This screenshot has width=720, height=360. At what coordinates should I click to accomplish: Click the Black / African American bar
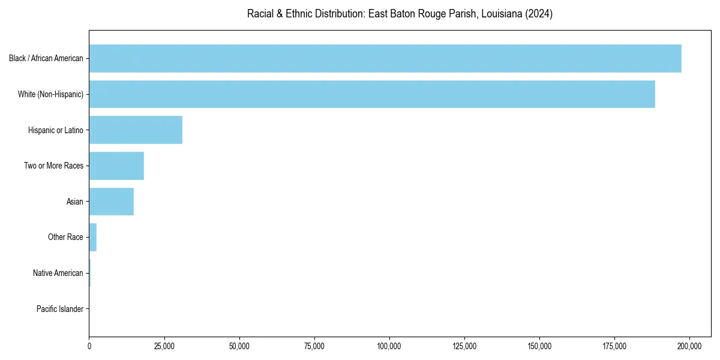[x=385, y=58]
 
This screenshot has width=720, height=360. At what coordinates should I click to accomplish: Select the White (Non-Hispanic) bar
[x=372, y=94]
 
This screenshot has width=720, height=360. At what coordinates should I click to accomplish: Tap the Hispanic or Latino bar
[x=136, y=130]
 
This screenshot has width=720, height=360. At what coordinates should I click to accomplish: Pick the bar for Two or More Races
[x=116, y=166]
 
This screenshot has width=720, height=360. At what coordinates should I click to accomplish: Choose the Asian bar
[x=111, y=202]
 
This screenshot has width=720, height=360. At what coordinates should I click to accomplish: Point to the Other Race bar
[x=93, y=237]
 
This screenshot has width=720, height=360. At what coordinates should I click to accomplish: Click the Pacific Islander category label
[x=59, y=309]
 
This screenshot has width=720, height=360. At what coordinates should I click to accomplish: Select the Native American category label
[x=58, y=273]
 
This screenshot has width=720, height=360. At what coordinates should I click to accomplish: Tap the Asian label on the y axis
[x=74, y=202]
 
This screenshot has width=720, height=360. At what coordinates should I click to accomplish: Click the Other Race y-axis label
[x=65, y=237]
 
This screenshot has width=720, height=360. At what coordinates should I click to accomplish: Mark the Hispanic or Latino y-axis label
[x=55, y=130]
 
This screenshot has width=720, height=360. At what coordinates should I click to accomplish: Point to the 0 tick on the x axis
[x=89, y=346]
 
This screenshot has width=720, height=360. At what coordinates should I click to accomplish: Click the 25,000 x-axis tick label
[x=164, y=346]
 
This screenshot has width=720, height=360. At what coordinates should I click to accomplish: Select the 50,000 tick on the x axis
[x=239, y=346]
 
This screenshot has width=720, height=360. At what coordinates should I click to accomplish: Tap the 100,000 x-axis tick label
[x=389, y=346]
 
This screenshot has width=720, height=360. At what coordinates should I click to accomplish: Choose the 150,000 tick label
[x=539, y=346]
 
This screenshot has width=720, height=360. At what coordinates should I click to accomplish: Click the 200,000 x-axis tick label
[x=689, y=346]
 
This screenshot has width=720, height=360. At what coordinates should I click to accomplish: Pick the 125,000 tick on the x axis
[x=464, y=346]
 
